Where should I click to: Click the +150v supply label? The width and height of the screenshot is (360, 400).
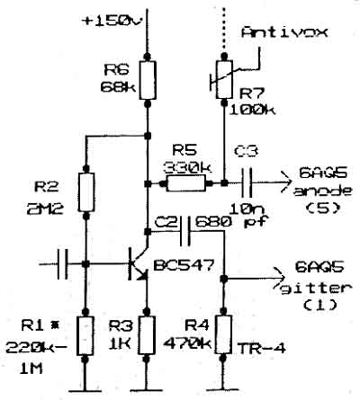[112, 22]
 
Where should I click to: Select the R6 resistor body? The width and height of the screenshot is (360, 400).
[148, 80]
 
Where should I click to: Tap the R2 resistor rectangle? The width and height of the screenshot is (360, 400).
[86, 192]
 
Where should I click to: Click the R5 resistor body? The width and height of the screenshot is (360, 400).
[186, 183]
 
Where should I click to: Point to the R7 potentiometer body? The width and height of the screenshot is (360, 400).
[224, 79]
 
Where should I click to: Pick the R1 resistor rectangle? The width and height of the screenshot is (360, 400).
[85, 335]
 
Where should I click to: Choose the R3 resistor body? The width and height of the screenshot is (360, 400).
[148, 335]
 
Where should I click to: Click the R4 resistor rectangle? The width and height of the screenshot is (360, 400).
[223, 334]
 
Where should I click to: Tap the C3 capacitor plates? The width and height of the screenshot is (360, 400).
[247, 182]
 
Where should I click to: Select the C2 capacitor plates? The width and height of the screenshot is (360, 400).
[185, 232]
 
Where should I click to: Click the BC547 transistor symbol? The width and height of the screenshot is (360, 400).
[139, 263]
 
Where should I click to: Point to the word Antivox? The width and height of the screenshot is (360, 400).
[284, 32]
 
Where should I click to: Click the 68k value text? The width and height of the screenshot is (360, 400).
[118, 87]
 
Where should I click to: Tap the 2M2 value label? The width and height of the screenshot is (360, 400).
[45, 209]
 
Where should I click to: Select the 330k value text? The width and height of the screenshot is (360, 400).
[187, 168]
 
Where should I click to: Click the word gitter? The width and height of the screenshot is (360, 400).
[316, 289]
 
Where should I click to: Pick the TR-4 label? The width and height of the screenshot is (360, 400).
[261, 349]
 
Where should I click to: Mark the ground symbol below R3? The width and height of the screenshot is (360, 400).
[147, 390]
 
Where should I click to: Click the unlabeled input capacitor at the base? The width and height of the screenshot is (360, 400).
[63, 263]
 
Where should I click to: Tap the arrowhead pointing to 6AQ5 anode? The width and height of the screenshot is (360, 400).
[286, 182]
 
